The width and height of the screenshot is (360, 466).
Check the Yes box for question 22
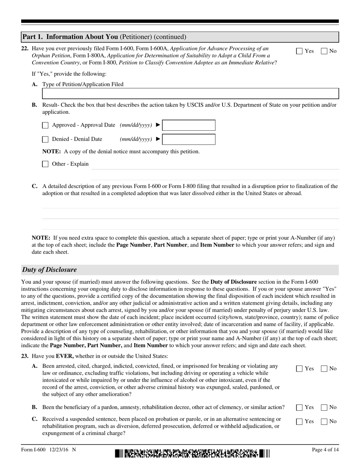click(x=299, y=51)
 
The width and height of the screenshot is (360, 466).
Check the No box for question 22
click(x=324, y=51)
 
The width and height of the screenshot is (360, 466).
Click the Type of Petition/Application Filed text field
click(x=190, y=94)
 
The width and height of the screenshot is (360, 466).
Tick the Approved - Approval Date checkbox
click(x=45, y=125)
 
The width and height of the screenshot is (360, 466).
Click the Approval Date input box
click(x=189, y=125)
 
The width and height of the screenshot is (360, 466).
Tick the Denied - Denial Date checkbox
click(x=45, y=139)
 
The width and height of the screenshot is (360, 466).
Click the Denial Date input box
click(x=189, y=139)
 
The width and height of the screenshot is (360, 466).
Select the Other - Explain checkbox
click(x=45, y=164)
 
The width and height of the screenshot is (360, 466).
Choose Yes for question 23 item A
click(x=299, y=369)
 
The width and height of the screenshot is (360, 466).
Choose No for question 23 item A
click(x=324, y=369)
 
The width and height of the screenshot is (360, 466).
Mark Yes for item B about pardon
click(x=299, y=408)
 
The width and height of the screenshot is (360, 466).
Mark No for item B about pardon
click(x=324, y=408)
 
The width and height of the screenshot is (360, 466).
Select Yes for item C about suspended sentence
click(x=299, y=422)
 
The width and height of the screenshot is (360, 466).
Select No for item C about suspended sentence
click(x=324, y=422)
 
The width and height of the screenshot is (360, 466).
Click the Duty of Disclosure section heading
click(x=49, y=270)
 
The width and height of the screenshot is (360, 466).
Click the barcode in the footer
click(x=192, y=453)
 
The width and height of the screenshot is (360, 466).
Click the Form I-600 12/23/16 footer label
click(x=49, y=450)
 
